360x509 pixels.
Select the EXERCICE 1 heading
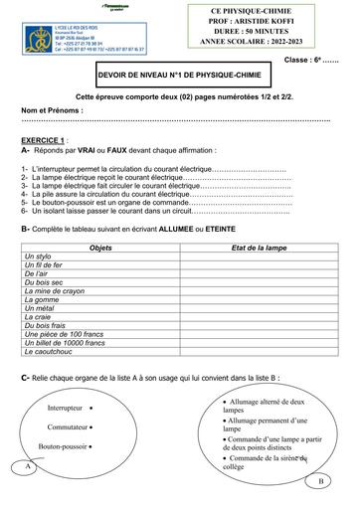[x=46, y=140]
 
